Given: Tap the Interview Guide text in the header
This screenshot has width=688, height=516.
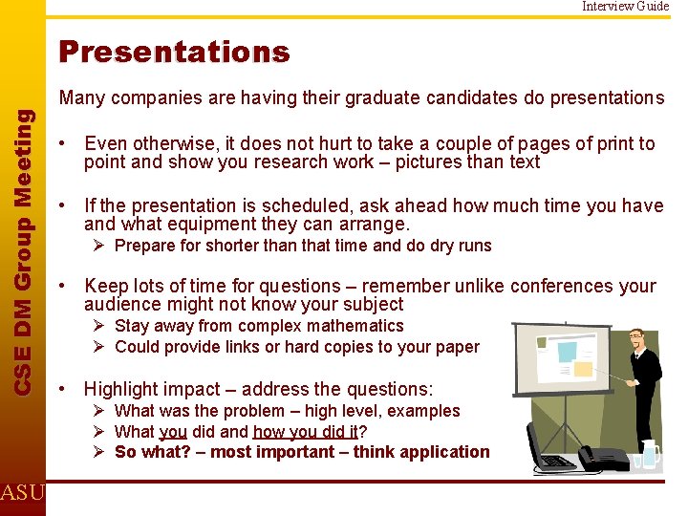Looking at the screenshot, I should point(626,7).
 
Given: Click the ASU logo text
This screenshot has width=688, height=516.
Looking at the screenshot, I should point(21,493).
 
